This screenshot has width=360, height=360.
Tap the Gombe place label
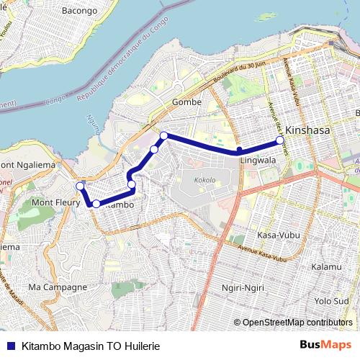click(x=186, y=103)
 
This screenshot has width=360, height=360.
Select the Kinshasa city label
click(x=307, y=131)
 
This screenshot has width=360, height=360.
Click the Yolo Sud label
click(x=331, y=300)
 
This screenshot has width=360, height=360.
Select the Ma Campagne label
click(x=58, y=287)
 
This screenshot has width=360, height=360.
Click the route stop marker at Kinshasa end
click(x=280, y=140)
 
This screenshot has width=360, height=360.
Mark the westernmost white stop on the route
click(x=80, y=187)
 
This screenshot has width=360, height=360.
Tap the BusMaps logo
click(x=330, y=344)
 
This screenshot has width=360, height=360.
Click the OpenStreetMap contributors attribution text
click(x=297, y=322)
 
